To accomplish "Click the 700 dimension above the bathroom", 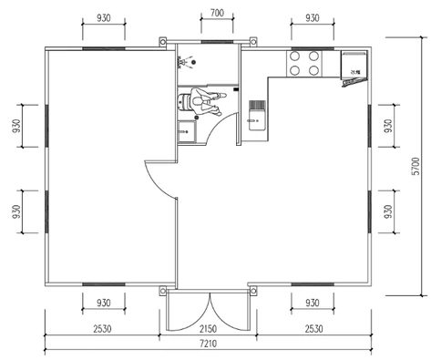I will pos(215,15).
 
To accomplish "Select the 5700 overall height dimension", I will pos(416,165).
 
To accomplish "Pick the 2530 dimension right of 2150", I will pos(313,328).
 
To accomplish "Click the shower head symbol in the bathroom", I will pos(187,62).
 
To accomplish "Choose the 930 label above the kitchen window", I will pos(313,16).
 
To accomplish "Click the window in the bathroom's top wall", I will pos(215,42).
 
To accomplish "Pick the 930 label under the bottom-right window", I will pos(313,302).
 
